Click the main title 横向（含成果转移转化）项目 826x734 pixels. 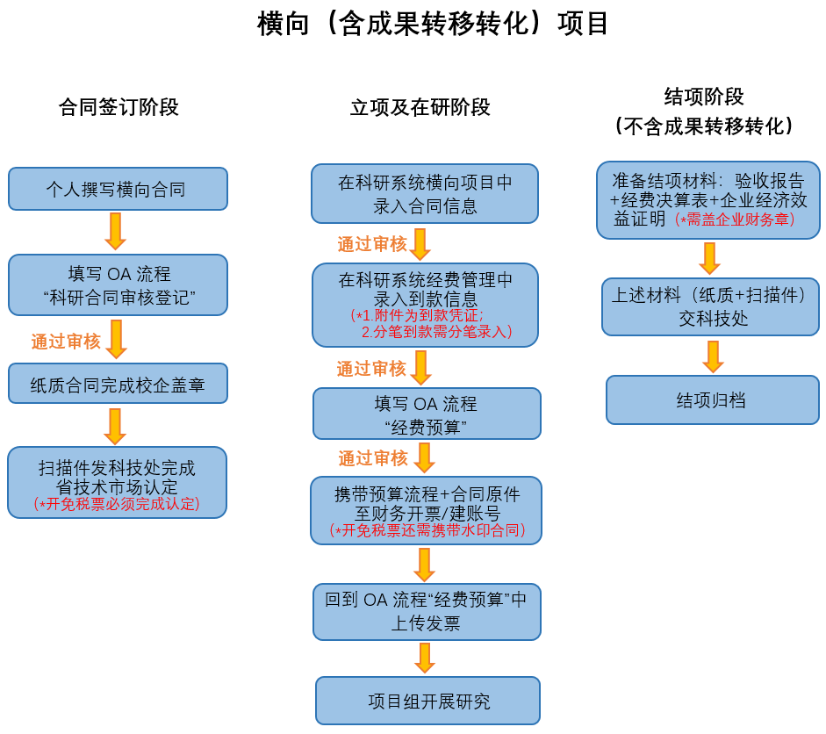point(433,24)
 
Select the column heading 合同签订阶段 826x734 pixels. point(119,107)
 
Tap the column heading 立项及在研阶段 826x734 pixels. point(420,107)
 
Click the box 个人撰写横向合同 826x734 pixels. point(118,189)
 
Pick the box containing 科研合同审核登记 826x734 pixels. point(118,285)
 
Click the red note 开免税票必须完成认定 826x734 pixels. point(117,504)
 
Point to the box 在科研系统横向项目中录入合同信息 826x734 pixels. point(425,193)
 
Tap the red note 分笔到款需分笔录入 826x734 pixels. point(437,331)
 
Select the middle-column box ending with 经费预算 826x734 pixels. point(427,414)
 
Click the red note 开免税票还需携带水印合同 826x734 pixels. point(427,530)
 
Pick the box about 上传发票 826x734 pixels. point(427,612)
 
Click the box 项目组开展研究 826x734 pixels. point(427,701)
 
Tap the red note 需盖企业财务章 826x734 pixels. point(735,219)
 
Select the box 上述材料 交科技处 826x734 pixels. point(711,306)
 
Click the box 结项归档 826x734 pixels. point(713,400)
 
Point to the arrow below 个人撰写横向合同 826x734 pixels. point(115,231)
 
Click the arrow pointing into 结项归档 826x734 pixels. point(713,356)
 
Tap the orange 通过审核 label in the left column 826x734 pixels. point(66,342)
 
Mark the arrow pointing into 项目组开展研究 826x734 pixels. point(425,658)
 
